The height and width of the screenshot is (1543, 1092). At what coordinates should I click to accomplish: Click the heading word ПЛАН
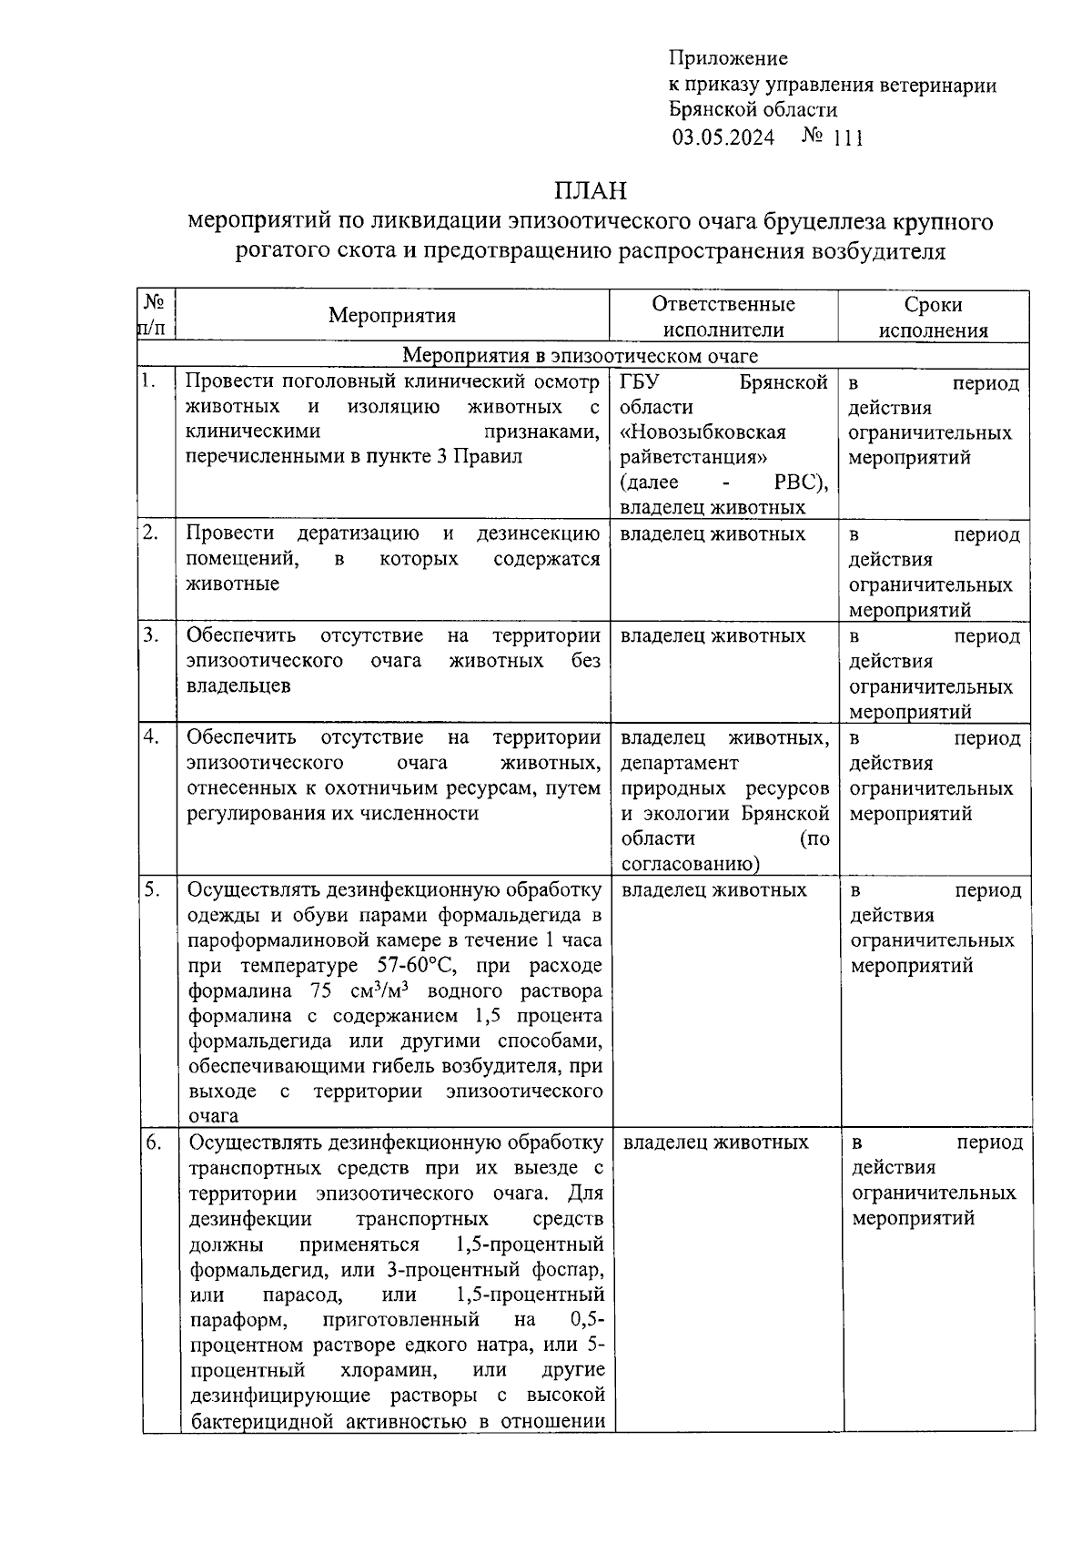(591, 191)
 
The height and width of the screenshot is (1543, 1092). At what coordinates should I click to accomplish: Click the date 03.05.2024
(723, 137)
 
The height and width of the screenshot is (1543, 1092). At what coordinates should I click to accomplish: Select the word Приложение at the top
(728, 59)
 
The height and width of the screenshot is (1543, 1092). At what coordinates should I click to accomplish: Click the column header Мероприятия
(392, 316)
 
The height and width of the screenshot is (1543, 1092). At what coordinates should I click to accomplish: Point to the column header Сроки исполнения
(933, 317)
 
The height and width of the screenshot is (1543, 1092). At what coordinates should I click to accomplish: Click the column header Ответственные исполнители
(723, 317)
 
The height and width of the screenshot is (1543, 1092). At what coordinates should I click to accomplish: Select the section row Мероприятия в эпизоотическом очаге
(581, 355)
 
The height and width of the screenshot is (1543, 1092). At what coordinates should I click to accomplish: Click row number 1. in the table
(149, 381)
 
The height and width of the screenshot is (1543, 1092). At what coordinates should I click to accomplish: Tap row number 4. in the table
(150, 736)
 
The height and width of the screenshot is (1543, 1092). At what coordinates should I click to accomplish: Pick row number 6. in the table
(152, 1141)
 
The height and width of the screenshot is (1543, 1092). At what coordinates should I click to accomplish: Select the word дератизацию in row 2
(358, 533)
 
